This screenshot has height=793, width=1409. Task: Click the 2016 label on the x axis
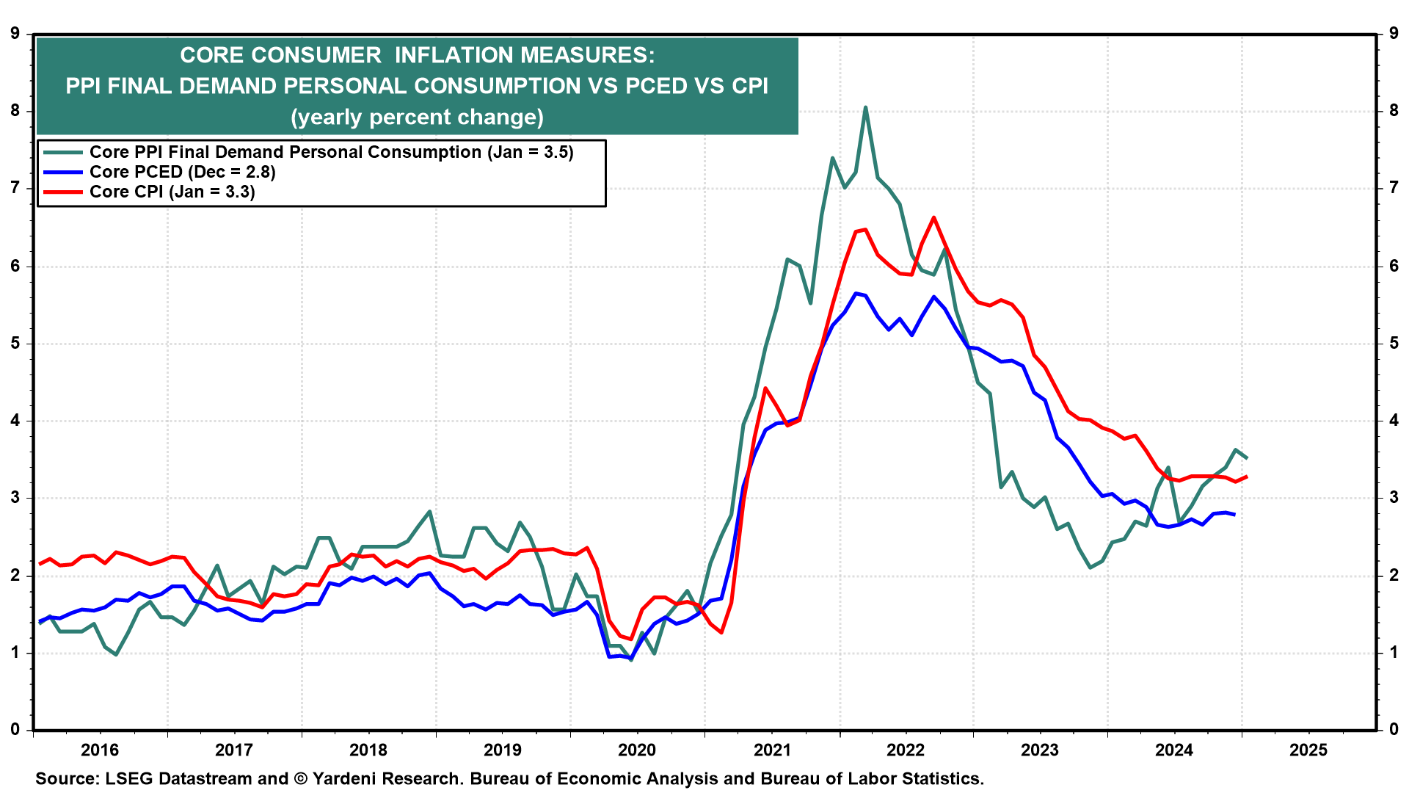coord(99,750)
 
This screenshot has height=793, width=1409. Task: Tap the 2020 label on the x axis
coord(636,750)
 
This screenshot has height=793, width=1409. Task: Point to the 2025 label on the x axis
coord(1308,750)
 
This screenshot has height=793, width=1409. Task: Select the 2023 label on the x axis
coord(1040,750)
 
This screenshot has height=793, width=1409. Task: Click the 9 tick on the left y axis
coord(15,33)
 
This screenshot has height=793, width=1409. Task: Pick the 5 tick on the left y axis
coord(15,344)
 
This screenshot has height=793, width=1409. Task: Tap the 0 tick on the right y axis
coord(1394,730)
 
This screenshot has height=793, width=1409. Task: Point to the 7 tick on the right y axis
coord(1394,189)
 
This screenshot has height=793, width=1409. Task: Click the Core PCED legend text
coord(182,172)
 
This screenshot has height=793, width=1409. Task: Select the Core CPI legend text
coord(172,192)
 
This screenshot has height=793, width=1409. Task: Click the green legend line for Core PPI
coord(63,152)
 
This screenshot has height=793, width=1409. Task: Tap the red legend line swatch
coord(63,192)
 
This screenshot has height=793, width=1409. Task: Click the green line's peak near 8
coord(865,107)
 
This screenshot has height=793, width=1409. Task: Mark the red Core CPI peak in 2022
coord(933,217)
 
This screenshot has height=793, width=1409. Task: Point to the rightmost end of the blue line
coord(1234,515)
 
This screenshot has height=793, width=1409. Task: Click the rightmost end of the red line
coord(1247,477)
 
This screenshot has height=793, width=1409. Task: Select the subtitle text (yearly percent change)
coord(417,117)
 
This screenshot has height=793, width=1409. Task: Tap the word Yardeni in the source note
coord(344,778)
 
